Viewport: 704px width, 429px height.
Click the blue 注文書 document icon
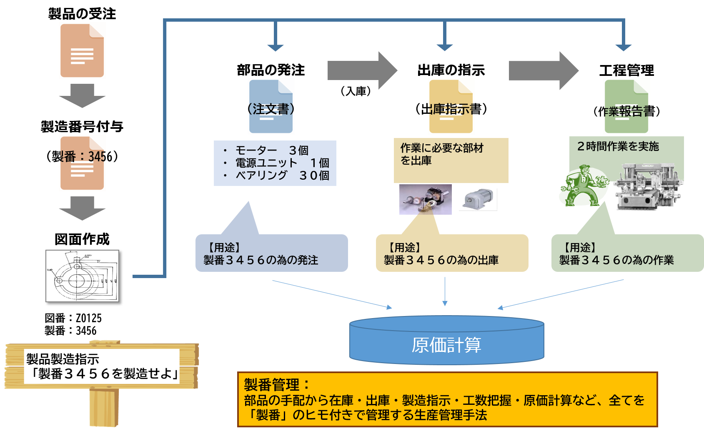271,106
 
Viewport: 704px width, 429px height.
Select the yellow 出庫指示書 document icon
451,106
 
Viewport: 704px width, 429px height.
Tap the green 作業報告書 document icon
626,106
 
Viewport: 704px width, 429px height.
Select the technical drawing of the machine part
82,276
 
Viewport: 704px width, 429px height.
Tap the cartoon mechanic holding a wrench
583,186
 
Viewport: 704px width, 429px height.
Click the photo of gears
425,199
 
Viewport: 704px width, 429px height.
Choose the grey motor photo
478,199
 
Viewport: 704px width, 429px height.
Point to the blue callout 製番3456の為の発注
271,253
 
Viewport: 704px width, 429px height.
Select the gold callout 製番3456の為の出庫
452,253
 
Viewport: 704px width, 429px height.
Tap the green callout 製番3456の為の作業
627,253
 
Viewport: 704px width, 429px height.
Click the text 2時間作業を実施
618,146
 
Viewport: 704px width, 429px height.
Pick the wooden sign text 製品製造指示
63,359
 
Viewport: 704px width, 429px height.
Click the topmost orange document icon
82,50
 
